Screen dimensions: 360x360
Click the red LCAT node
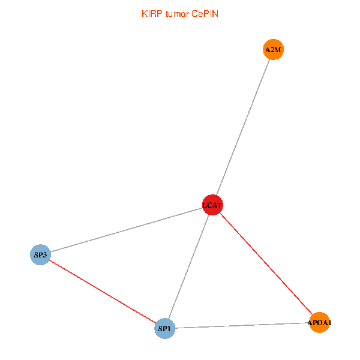213,205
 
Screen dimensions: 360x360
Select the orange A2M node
273,50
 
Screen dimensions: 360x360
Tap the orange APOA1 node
319,323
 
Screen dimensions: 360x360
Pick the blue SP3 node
40,255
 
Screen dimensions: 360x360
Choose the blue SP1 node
164,328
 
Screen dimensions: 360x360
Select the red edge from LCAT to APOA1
266,264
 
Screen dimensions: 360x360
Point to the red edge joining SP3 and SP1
102,292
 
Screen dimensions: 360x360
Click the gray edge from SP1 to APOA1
242,326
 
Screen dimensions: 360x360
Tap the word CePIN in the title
205,14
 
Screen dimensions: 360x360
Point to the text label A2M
273,50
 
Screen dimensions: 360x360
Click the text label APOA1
319,323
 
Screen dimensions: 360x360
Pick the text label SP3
40,255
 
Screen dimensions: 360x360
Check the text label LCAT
213,205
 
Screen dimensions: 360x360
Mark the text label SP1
164,328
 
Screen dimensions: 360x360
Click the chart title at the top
180,14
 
